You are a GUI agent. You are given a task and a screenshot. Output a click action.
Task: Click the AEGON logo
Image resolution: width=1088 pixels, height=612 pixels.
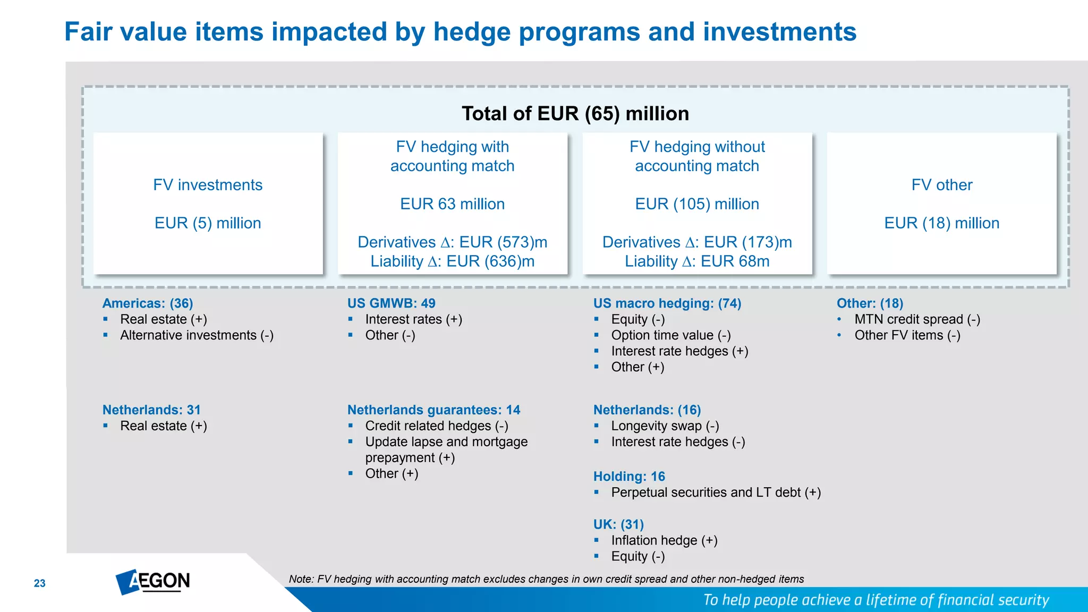[153, 582]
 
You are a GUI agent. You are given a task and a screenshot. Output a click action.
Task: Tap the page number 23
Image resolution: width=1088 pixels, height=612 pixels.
[40, 583]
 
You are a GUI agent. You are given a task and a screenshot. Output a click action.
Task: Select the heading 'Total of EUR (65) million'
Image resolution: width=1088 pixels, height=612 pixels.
[575, 114]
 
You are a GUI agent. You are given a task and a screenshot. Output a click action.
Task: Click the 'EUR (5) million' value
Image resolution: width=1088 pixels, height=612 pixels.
[208, 223]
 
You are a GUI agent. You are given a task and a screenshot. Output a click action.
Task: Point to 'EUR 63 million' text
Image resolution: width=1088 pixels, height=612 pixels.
[452, 204]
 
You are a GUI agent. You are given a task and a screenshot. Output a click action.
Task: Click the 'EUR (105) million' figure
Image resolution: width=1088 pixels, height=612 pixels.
[696, 204]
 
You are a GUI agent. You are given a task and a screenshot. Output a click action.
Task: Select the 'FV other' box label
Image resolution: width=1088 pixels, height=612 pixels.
[941, 185]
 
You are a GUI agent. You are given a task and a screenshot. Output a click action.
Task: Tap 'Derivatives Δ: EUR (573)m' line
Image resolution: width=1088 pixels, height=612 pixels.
[452, 242]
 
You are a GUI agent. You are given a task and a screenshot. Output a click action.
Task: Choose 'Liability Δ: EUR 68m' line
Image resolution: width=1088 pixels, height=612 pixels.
[696, 261]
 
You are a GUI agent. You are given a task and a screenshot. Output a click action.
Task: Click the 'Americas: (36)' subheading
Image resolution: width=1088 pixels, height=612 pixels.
[148, 303]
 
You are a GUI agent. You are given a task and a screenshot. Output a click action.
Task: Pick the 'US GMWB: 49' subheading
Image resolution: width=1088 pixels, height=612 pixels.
[391, 303]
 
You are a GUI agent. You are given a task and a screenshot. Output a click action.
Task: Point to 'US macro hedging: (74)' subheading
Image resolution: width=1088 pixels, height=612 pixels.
[667, 303]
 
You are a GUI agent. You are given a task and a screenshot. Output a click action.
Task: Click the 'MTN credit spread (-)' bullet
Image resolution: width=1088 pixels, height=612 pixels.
[917, 319]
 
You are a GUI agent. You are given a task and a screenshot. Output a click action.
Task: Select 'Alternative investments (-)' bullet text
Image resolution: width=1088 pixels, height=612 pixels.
[197, 335]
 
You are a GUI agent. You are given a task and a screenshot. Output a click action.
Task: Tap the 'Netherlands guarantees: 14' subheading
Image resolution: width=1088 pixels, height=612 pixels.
[433, 410]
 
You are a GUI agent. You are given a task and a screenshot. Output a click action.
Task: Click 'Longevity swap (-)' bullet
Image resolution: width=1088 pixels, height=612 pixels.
[665, 426]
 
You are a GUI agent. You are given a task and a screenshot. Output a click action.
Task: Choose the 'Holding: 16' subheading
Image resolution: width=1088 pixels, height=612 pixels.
[629, 477]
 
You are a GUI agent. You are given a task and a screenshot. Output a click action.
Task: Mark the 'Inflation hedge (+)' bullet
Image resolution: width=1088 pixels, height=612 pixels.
[664, 540]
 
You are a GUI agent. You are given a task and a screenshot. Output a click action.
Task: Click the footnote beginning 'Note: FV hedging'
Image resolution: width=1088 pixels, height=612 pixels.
[546, 579]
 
